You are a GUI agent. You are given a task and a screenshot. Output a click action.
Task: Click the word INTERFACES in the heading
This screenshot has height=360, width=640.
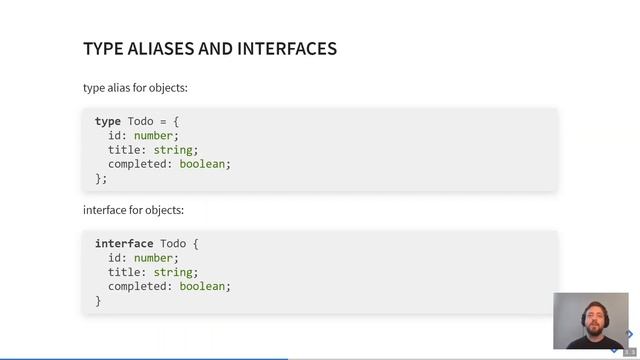click(287, 48)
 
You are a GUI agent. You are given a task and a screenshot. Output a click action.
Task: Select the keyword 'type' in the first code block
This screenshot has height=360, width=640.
click(108, 122)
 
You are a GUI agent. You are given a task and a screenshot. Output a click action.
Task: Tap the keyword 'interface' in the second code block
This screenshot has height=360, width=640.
click(124, 244)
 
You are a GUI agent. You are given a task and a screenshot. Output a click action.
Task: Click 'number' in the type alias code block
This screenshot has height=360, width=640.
click(154, 136)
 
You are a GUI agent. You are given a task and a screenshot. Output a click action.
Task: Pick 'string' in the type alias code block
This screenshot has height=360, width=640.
click(173, 150)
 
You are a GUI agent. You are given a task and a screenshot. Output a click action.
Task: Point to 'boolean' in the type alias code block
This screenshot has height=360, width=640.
click(202, 164)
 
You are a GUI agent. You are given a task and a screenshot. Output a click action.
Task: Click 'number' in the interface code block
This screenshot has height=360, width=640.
click(154, 258)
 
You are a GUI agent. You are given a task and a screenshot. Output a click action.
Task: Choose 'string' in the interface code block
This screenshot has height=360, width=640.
click(173, 272)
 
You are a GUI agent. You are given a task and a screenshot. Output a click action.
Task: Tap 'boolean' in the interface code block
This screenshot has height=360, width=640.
click(202, 286)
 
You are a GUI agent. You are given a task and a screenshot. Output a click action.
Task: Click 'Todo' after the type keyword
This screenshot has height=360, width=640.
click(141, 122)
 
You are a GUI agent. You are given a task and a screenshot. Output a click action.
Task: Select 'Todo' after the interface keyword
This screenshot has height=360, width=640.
click(173, 244)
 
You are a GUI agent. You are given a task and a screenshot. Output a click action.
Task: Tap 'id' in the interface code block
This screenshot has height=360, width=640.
click(115, 258)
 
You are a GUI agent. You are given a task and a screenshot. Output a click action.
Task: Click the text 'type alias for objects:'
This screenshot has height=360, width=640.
click(135, 88)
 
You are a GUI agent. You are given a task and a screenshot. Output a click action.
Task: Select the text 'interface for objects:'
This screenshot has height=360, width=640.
click(133, 211)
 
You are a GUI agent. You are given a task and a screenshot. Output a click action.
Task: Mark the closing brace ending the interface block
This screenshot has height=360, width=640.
click(98, 300)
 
